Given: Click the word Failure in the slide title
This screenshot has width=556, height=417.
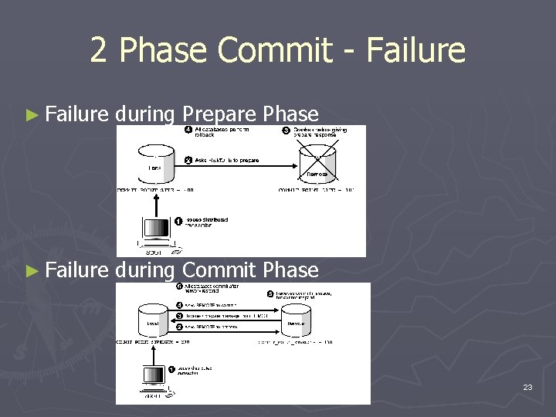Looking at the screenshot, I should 417,51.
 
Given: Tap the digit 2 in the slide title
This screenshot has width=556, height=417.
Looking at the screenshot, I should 98,51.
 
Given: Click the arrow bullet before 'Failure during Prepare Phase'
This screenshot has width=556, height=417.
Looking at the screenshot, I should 31,116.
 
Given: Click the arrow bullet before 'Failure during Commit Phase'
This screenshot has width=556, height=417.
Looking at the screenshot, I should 31,270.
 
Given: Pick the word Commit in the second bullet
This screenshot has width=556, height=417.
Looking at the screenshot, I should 219,270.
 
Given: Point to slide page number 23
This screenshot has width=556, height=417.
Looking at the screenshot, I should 527,386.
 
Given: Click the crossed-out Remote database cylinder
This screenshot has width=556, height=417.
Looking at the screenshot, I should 317,162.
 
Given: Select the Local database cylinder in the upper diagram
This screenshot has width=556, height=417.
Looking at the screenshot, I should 154,161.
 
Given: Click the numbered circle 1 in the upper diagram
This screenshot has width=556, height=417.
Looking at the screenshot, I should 178,221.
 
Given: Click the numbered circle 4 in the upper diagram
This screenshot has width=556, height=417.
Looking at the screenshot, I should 188,129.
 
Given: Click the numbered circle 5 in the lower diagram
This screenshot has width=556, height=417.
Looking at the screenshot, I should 270,293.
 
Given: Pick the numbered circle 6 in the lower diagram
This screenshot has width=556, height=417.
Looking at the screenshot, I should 178,286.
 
